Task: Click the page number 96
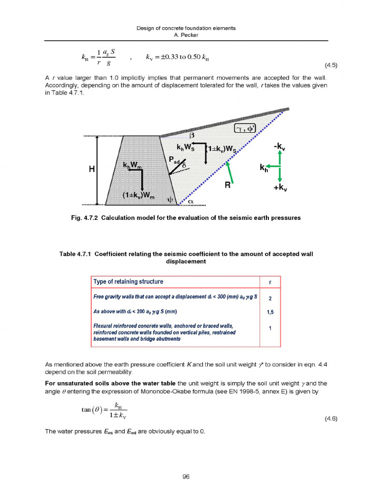[186, 477]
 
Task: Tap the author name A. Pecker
[186, 35]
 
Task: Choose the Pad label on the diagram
[174, 160]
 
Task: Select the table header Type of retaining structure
[128, 282]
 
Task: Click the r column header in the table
[270, 282]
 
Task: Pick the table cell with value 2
[270, 298]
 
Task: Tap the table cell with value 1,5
[270, 312]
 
